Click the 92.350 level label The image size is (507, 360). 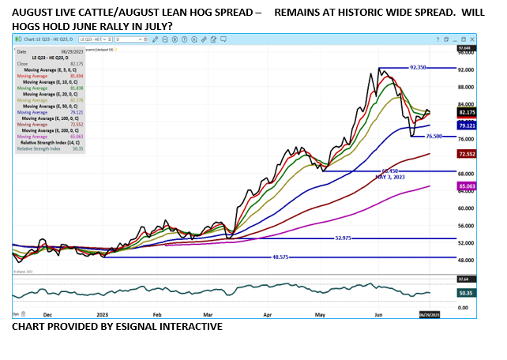pyautogui.click(x=419, y=68)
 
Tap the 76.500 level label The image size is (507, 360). pyautogui.click(x=434, y=137)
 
